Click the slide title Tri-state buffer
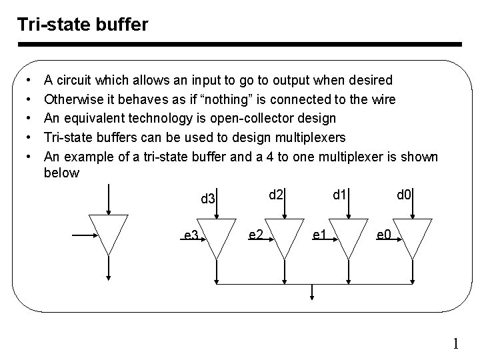coord(83,25)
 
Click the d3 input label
coord(208,199)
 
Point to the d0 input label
coord(404,195)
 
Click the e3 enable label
coord(191,235)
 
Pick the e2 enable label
coord(254,234)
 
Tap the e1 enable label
coord(319,234)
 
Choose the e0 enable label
coord(384,234)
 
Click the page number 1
coord(456,344)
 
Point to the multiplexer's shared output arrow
coord(313,293)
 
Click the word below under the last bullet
coord(61,173)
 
